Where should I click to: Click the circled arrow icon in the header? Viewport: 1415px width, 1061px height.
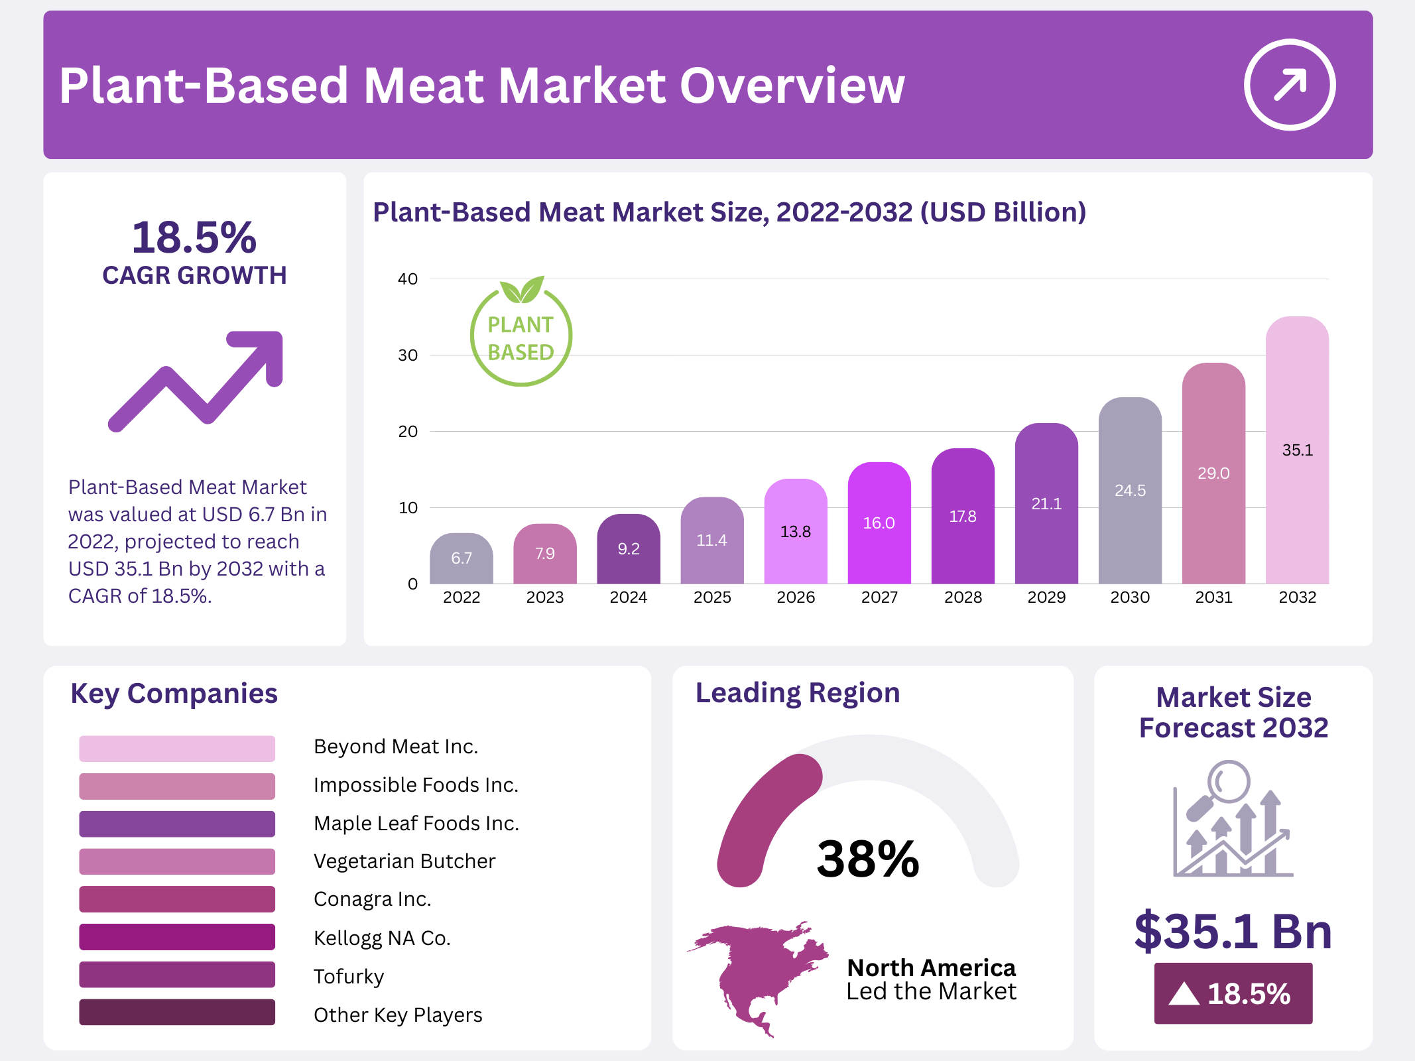[1289, 85]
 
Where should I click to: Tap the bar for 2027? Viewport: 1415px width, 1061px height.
[879, 523]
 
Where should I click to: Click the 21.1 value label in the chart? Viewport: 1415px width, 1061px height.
[1046, 504]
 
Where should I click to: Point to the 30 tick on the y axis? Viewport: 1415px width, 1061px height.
[408, 355]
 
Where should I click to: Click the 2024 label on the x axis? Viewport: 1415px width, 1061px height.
[628, 597]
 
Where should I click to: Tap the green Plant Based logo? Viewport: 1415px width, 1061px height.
[521, 332]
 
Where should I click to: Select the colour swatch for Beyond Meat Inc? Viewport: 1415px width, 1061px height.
[177, 749]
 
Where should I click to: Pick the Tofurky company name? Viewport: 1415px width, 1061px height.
[349, 977]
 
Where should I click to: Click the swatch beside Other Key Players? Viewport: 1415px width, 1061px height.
[177, 1013]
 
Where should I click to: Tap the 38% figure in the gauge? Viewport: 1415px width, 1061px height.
[868, 859]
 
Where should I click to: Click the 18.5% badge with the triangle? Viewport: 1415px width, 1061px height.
[1233, 993]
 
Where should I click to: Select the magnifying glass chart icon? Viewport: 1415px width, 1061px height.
[1232, 820]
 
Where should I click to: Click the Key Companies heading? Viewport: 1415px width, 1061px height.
[174, 694]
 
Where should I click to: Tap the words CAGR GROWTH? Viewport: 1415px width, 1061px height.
[194, 275]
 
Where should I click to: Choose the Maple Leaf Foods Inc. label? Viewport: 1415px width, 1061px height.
[416, 824]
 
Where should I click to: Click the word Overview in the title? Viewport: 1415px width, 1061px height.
[792, 86]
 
